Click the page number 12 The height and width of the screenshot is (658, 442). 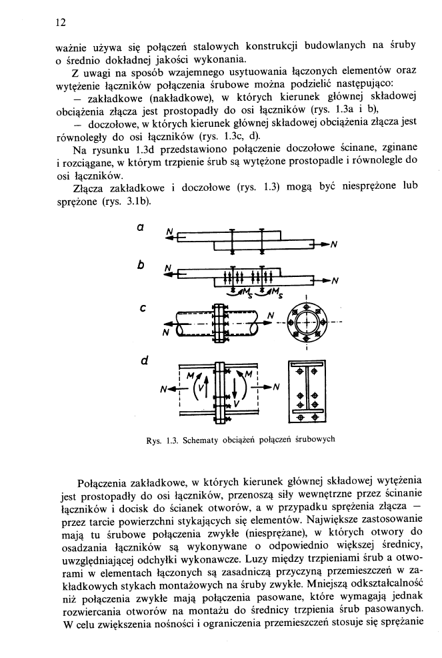coord(59,23)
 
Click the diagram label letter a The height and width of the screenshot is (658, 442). coord(141,228)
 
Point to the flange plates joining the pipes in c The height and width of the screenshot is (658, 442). coord(219,324)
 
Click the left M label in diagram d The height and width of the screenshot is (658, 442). coord(193,376)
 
